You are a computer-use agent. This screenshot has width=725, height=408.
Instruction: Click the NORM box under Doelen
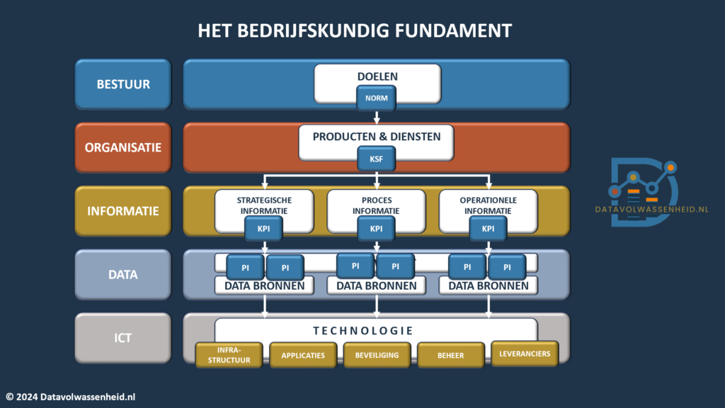point(376,98)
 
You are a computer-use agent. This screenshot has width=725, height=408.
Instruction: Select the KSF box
point(376,159)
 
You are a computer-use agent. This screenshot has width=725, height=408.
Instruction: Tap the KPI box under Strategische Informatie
point(263,229)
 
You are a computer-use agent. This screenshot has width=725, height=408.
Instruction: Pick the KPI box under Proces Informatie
point(376,229)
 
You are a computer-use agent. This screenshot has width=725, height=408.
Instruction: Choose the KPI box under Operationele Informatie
point(488,229)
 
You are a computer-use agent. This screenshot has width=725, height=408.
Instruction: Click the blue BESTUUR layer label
point(123,84)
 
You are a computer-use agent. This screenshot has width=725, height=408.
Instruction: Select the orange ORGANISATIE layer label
point(123,147)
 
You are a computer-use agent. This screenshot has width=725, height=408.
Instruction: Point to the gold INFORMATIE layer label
point(123,211)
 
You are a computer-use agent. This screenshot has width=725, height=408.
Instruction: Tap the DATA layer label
point(123,274)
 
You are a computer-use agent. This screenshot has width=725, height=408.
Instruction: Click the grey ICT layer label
point(123,338)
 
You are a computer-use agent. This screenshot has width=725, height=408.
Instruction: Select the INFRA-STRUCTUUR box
point(229,355)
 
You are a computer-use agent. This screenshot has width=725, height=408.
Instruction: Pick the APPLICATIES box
point(303,356)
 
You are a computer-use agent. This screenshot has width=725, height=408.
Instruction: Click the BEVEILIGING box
point(377,356)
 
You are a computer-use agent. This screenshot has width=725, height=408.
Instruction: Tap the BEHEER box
point(451,356)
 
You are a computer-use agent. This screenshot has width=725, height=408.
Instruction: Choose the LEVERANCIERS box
point(525,354)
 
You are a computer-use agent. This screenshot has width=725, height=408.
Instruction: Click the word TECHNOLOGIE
point(363,331)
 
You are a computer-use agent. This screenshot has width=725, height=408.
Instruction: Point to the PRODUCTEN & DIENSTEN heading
point(377,137)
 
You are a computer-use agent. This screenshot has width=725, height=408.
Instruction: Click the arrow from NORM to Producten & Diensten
point(377,117)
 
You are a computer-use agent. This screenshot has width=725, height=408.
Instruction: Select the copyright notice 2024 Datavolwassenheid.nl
point(71,397)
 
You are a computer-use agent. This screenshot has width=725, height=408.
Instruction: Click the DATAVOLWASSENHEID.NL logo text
point(651,210)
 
